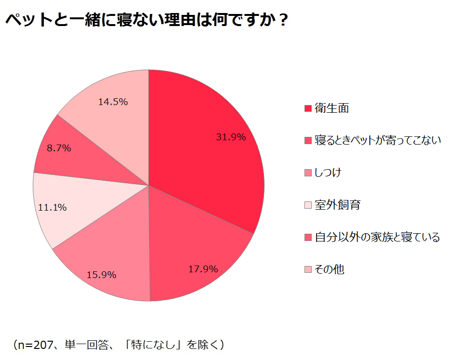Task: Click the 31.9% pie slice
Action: coord(212,145)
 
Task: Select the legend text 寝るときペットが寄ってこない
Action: coord(378,141)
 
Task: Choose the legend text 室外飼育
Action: coord(337,205)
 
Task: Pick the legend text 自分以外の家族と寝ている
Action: coord(377,237)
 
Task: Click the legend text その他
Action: coord(330,269)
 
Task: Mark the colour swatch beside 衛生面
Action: coord(308,109)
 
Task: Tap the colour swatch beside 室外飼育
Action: coord(308,205)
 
